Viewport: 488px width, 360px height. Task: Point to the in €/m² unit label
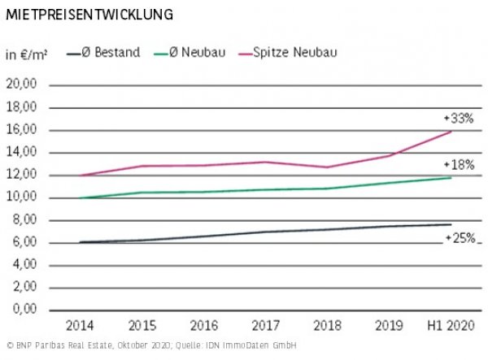pos(26,54)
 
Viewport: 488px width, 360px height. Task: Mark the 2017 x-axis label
pos(265,326)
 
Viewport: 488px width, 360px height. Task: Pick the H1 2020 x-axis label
pos(450,326)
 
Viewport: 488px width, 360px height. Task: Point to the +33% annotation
pos(459,119)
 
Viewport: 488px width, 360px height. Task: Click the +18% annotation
pos(459,164)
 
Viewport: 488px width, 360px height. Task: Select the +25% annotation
pos(459,238)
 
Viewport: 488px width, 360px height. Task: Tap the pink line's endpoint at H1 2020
pos(450,132)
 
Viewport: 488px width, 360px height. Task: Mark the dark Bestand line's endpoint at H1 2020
pos(450,224)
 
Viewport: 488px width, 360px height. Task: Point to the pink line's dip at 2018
pos(327,167)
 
